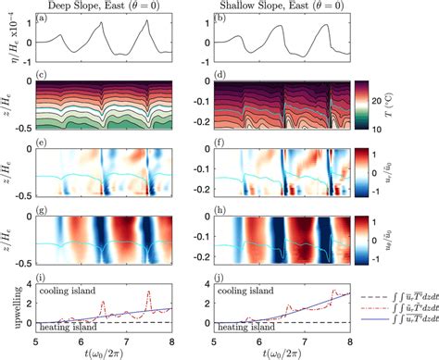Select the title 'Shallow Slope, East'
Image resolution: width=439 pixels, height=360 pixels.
click(254, 6)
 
